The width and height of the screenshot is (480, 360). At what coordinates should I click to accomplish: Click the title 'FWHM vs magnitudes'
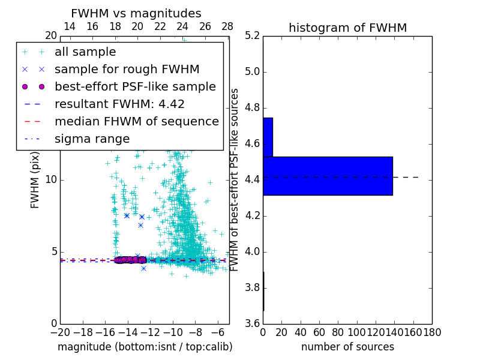pyautogui.click(x=136, y=13)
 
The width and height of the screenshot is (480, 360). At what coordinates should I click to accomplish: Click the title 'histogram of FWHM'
pyautogui.click(x=347, y=28)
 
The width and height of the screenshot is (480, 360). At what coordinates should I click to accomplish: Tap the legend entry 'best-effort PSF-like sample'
pyautogui.click(x=135, y=87)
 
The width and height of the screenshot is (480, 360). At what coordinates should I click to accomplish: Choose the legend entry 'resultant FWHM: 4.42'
pyautogui.click(x=119, y=104)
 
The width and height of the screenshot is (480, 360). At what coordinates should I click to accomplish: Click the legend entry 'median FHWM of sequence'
pyautogui.click(x=136, y=122)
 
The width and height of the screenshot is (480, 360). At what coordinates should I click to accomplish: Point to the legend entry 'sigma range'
pyautogui.click(x=92, y=139)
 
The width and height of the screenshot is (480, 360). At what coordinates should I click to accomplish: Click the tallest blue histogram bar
pyautogui.click(x=328, y=176)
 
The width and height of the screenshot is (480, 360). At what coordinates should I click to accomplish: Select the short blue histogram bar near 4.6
pyautogui.click(x=268, y=137)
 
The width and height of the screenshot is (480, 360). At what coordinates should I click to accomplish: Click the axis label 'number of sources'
pyautogui.click(x=347, y=347)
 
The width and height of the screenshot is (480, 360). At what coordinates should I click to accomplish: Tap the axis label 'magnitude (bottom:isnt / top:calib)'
pyautogui.click(x=145, y=347)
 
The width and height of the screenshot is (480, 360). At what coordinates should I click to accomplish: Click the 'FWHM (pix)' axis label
pyautogui.click(x=35, y=179)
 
